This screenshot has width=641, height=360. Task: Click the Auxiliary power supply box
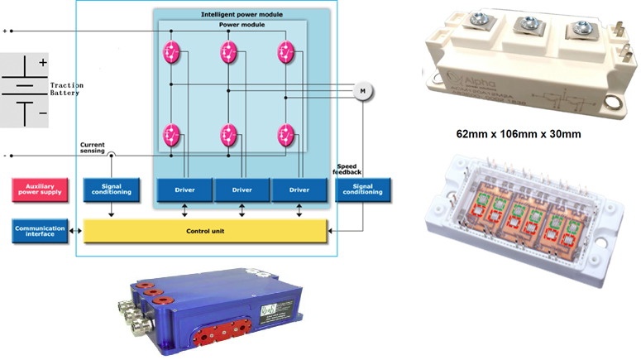(x=40, y=190)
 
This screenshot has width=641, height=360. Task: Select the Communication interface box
(x=40, y=230)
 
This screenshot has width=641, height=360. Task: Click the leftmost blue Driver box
(x=184, y=190)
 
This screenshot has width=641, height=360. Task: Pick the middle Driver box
(x=242, y=190)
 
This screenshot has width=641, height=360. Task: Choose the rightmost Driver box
(x=299, y=190)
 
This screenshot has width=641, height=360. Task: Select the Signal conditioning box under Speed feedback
(x=363, y=190)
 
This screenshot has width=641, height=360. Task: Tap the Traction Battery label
(x=67, y=89)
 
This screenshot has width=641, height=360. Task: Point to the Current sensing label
(x=92, y=146)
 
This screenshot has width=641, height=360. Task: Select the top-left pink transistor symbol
(x=172, y=52)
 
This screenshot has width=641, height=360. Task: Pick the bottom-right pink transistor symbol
(x=286, y=133)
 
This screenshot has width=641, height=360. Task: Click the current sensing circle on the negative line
(x=112, y=155)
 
